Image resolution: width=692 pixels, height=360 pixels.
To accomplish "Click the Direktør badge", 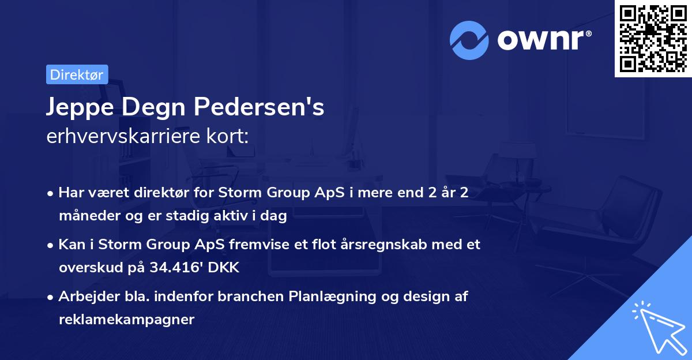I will [x=77, y=74].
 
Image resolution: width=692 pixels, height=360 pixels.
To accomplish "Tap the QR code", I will [x=653, y=39].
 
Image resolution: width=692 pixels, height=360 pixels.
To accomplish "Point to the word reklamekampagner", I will [x=127, y=319].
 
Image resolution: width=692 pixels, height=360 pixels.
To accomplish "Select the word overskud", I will [x=86, y=268].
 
